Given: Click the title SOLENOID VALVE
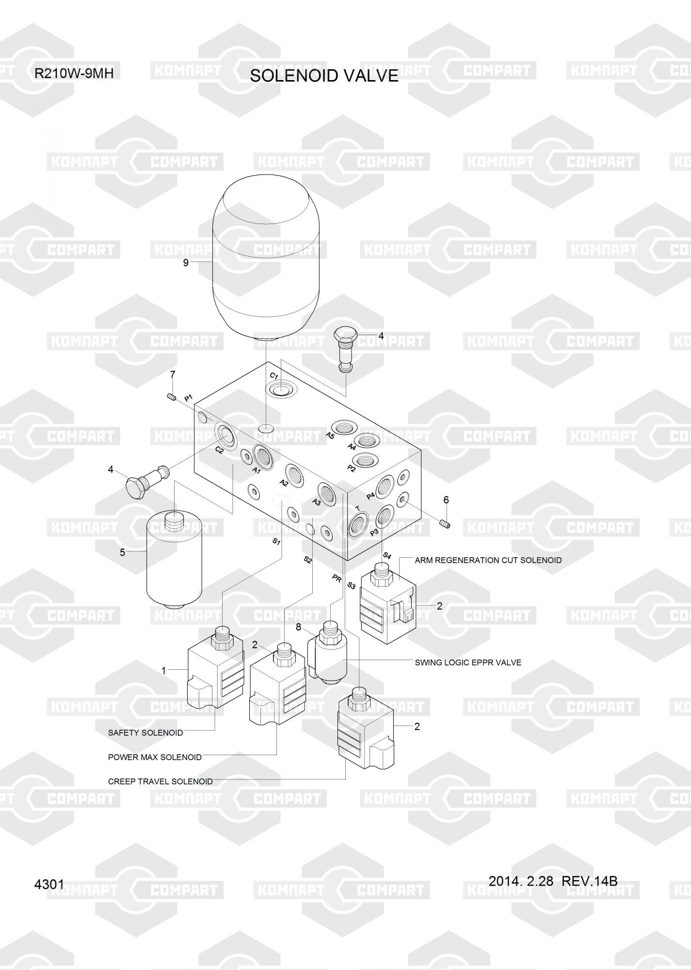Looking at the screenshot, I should coord(324,76).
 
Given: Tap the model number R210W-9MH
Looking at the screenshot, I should coord(74,74).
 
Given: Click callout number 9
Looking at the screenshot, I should coord(186,263).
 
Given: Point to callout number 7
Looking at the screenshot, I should coord(172,374).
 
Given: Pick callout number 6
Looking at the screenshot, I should coord(446,500).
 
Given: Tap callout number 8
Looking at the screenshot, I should coord(298,627).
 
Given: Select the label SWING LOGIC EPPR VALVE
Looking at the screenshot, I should coord(468,663).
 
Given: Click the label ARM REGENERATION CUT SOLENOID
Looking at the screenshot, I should coord(488,560).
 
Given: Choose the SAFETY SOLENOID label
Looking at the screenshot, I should coord(145,732).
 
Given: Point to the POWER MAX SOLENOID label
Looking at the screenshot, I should coord(155,757).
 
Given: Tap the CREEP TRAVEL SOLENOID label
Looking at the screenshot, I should coord(160,781).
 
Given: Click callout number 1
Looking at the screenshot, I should coord(164,671).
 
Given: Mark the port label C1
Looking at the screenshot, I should coord(273,376).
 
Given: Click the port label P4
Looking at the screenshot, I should coord(370,496).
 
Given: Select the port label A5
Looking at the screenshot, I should coord(330,435).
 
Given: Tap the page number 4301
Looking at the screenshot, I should coord(49,884).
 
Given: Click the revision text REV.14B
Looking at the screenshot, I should coord(589,881).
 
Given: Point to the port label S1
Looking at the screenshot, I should coord(276,541).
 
